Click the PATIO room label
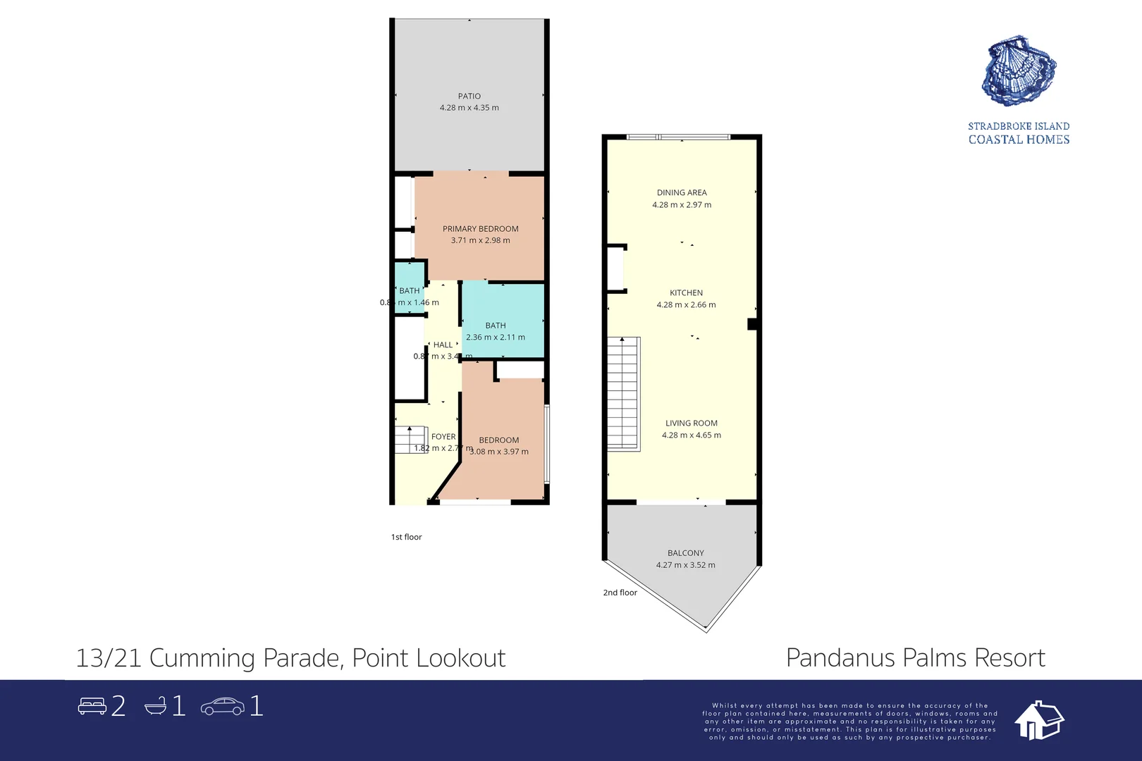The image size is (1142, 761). point(469,96)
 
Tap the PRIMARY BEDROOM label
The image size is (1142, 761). point(480,228)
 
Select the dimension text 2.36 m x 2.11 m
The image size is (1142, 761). point(495,337)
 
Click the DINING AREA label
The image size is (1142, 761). point(681,192)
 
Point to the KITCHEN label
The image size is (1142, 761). point(686,292)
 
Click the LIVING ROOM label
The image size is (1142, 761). point(691,423)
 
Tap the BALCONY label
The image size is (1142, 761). point(685,553)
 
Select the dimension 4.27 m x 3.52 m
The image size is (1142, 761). point(685,565)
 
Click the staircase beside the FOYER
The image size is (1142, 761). point(410,440)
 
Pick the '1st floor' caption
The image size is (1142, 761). point(406,537)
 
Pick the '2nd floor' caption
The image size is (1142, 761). point(620,593)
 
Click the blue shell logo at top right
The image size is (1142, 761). point(1019,71)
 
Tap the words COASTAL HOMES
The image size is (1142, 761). point(1019,140)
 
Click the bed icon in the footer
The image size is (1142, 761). point(92,706)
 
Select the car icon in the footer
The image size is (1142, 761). point(222,706)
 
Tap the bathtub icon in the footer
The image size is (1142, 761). point(156,706)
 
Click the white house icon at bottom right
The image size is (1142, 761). point(1038,720)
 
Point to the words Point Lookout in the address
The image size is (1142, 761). point(429,657)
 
